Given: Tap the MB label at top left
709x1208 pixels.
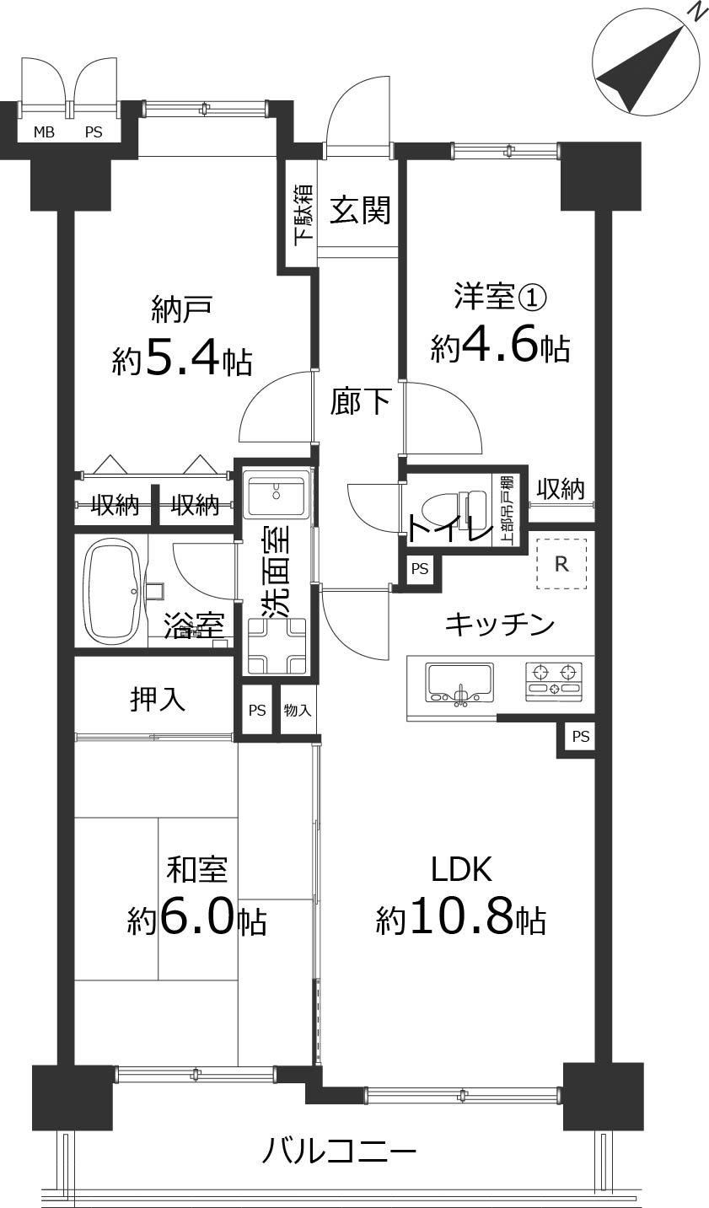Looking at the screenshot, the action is (44, 132).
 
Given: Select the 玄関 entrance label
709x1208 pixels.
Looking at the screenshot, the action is (360, 209).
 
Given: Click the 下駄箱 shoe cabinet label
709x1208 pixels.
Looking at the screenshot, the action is (303, 215).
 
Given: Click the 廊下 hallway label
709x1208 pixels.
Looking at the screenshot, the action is (360, 401).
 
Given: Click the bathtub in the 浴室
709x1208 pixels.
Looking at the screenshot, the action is (115, 591).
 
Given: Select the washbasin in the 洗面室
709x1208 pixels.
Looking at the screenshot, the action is (276, 491).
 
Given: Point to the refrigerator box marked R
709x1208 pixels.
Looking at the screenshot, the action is (561, 564).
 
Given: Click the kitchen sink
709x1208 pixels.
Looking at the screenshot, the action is (460, 683).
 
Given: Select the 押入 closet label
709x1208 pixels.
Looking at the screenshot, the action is (158, 700).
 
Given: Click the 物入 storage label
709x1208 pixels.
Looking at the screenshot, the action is (298, 711).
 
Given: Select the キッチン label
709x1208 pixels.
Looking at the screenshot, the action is (500, 625).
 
